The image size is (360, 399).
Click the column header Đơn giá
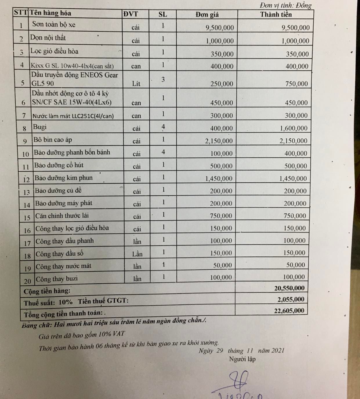(x=207, y=14)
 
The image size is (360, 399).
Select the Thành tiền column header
(x=276, y=14)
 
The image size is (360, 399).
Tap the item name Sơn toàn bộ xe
(x=54, y=24)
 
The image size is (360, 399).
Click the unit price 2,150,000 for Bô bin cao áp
(x=219, y=141)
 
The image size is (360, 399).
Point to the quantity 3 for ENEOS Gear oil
(x=163, y=79)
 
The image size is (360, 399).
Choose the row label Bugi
(x=40, y=127)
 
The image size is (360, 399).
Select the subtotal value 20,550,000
(x=289, y=288)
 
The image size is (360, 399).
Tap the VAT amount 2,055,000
(x=291, y=299)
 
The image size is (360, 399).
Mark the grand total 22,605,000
(x=289, y=311)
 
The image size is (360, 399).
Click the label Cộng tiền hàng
(x=47, y=291)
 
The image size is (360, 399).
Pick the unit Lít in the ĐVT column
(x=136, y=84)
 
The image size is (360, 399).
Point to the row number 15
(x=27, y=218)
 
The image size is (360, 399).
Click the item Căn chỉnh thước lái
(x=62, y=216)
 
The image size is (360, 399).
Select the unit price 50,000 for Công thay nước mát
(x=222, y=265)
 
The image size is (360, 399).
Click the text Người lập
(x=242, y=359)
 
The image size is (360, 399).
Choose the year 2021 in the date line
(x=278, y=350)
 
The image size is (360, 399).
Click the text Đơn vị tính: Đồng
(x=285, y=6)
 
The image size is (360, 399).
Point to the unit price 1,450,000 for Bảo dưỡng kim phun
(x=219, y=179)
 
